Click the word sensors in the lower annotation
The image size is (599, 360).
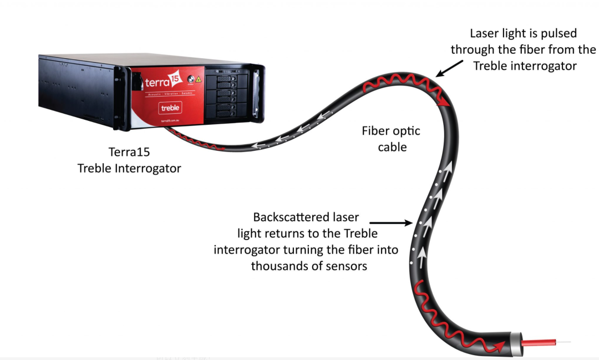[348, 266]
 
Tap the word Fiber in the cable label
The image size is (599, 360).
[377, 131]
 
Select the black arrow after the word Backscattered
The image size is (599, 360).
[395, 223]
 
